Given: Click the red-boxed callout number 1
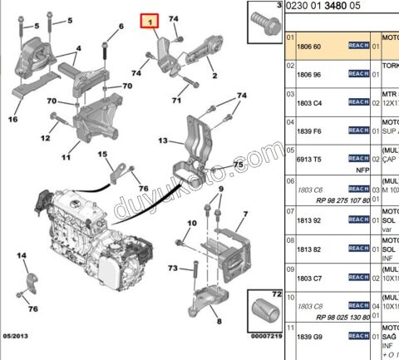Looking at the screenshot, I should (151, 22).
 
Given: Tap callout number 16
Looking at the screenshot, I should (12, 119).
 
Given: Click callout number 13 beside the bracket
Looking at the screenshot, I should (164, 141).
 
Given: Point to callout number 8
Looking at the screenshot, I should (218, 320).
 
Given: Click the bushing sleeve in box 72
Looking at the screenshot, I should (266, 313).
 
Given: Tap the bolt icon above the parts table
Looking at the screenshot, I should (265, 16).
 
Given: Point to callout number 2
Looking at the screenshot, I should (214, 76).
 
